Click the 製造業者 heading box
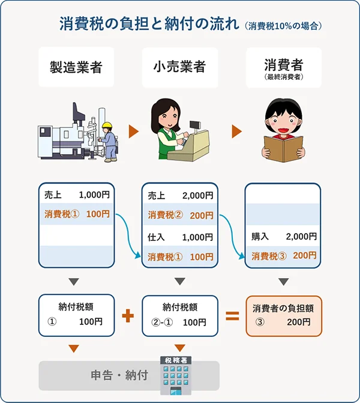pos(76,67)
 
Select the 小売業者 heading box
pos(179,67)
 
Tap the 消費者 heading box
pos(283,67)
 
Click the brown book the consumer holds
pos(284,147)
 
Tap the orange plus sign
pos(128,316)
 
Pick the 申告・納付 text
pos(119,376)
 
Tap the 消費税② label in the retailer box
pos(165,214)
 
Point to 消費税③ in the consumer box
pos(269,256)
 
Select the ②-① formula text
pos(162,323)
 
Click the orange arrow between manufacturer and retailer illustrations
pos(133,132)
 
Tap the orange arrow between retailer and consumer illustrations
pos(237,132)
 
